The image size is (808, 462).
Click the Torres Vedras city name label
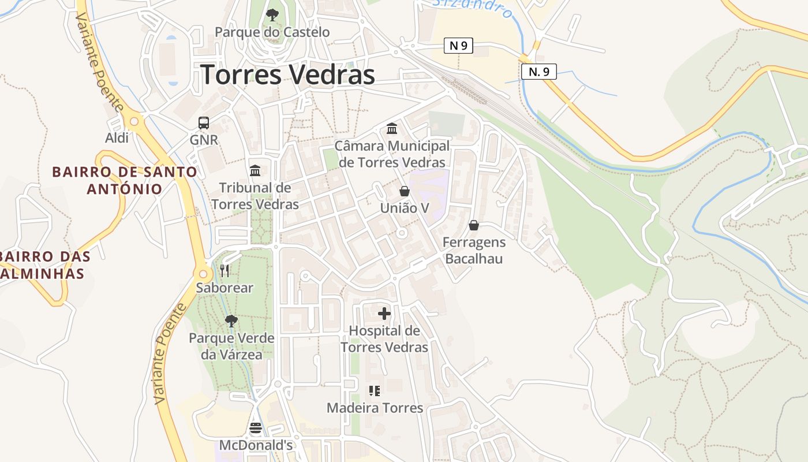pos(287,75)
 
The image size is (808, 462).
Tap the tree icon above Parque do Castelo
pos(272,14)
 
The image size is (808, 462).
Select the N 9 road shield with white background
pos(458,46)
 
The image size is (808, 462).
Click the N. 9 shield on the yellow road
pos(538,71)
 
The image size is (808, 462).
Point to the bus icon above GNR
pos(204,122)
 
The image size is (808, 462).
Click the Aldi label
pos(117,137)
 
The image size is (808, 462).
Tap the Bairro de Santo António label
pos(125,180)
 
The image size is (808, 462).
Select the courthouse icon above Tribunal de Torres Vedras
pos(255,170)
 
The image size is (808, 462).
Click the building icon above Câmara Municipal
pos(392,128)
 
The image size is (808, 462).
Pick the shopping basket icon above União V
pos(405,191)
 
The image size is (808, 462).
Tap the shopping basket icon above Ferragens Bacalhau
pos(474,225)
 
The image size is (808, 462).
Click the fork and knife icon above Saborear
pos(225,270)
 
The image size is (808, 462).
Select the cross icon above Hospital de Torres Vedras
pos(384,314)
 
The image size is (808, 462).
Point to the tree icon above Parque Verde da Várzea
pos(231,321)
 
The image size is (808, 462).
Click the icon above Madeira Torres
pos(375,391)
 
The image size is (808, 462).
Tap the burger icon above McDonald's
pos(256,428)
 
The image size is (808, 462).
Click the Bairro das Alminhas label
pos(43,264)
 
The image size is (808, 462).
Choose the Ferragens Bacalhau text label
pos(474,250)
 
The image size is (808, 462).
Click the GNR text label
pos(204,140)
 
